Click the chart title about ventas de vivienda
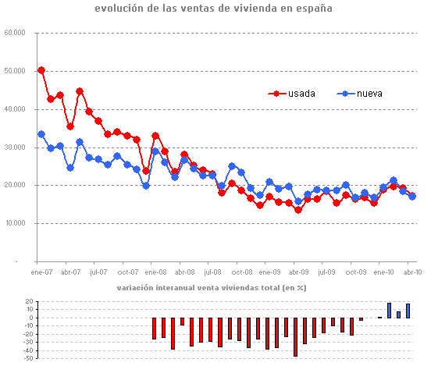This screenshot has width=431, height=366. click(213, 9)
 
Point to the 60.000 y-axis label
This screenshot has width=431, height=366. click(15, 34)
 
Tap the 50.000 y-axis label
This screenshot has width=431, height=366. click(15, 72)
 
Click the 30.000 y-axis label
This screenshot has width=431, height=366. click(15, 147)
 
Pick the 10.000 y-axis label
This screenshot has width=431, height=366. click(15, 224)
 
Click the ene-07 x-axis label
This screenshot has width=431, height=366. click(41, 272)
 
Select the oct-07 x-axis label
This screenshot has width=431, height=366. click(126, 272)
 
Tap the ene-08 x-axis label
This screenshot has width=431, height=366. click(155, 272)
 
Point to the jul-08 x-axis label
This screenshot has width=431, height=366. click(212, 272)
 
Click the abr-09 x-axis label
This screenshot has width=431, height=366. click(297, 272)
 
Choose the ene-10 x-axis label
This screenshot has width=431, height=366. click(383, 272)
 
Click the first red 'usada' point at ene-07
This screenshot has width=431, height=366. click(41, 70)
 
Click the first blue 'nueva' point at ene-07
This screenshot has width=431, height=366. click(41, 134)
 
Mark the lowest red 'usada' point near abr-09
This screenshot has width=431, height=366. click(297, 210)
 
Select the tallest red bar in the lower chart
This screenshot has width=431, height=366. click(295, 336)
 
